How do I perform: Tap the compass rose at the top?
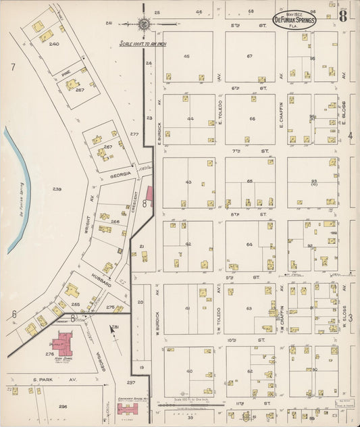coord(144,24)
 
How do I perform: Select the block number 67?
coord(249,56)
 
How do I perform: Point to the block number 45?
coord(186,56)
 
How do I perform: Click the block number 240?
coord(53,44)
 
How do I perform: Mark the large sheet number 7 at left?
coord(12,67)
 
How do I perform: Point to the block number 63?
coord(249,308)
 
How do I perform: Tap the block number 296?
coord(62,406)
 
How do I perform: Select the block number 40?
coord(189,371)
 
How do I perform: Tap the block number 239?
coord(56,189)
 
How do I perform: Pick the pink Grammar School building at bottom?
coord(127,408)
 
